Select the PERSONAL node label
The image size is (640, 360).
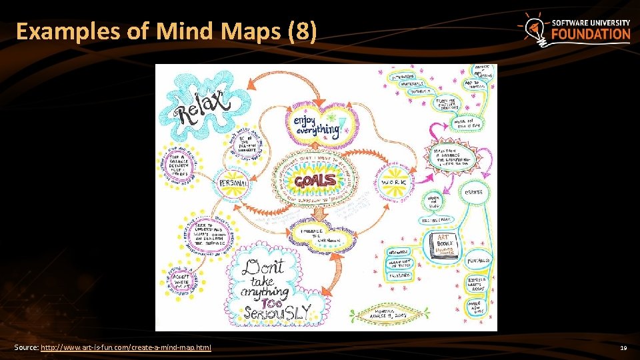point(234,183)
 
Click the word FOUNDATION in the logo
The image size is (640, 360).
point(591,35)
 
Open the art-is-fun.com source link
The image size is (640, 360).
point(126,348)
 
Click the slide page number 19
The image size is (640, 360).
point(623,348)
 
